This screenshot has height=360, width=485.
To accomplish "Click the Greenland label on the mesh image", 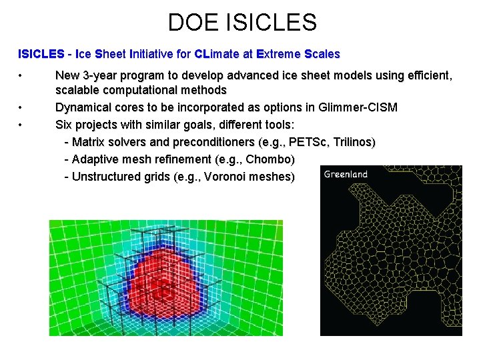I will [346, 175].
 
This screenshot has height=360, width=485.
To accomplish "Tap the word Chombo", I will [270, 159].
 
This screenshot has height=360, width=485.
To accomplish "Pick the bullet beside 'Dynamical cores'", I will [21, 107].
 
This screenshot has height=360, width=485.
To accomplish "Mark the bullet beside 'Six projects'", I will [21, 125].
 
